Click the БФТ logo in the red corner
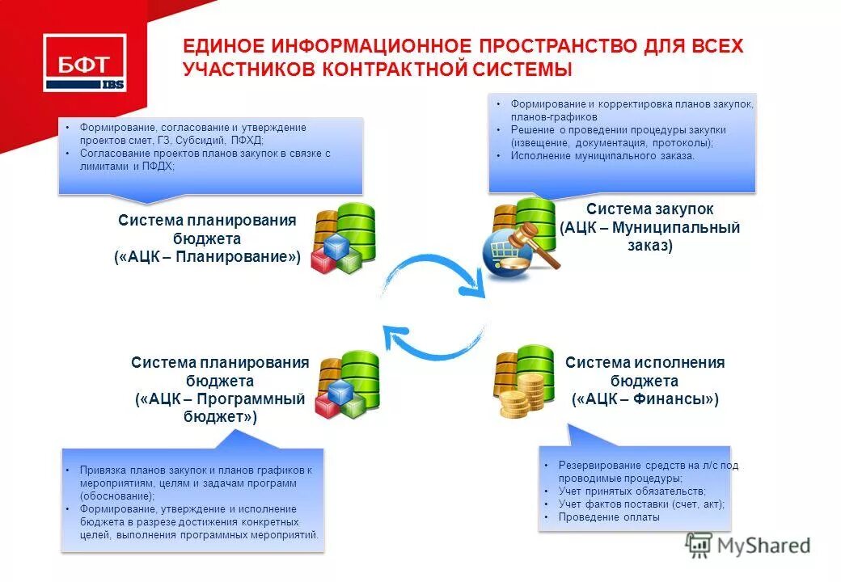click(84, 64)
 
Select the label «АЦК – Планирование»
click(208, 257)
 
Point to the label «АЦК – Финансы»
click(645, 399)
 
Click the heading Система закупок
click(650, 209)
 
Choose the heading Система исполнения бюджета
click(645, 371)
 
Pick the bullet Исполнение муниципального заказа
click(602, 156)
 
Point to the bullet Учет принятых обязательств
click(632, 491)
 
